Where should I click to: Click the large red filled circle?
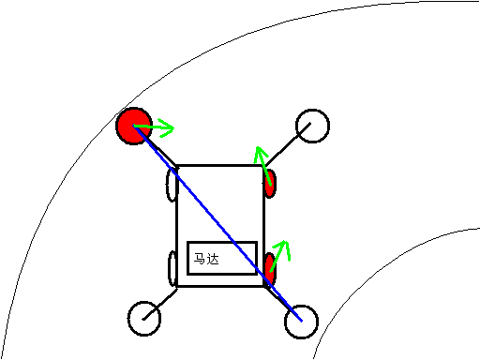pos(134,126)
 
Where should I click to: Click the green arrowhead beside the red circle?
pos(167,127)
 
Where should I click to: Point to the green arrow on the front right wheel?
pos(262,166)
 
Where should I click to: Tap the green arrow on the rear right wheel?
pos(279,256)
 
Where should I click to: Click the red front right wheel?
pos(270,184)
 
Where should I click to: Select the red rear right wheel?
pos(270,269)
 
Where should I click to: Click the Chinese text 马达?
pos(206,259)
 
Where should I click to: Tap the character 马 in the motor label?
pos(200,259)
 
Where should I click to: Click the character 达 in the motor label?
pos(213,259)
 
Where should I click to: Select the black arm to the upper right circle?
pos(288,144)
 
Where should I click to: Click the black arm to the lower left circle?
pos(160,304)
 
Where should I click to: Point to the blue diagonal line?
pos(217,223)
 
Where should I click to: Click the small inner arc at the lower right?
pos(375,265)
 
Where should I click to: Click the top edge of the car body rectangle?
pos(220,165)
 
